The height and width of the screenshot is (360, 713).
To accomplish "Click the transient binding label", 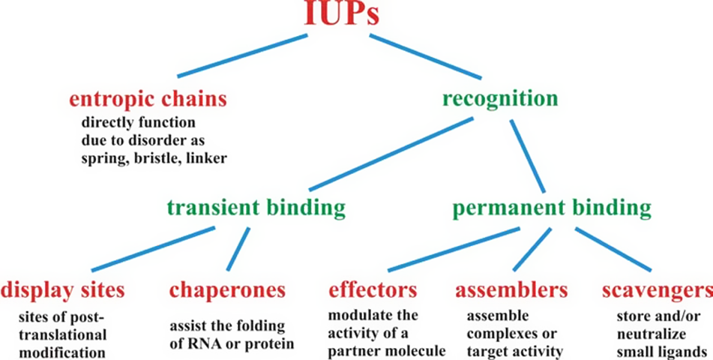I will [256, 206].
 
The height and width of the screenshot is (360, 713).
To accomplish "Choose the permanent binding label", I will [552, 206].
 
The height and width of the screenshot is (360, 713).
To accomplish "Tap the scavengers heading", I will [657, 289].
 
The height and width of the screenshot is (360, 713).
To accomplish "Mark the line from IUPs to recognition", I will [424, 56].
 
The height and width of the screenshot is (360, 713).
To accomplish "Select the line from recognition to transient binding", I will [391, 154].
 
